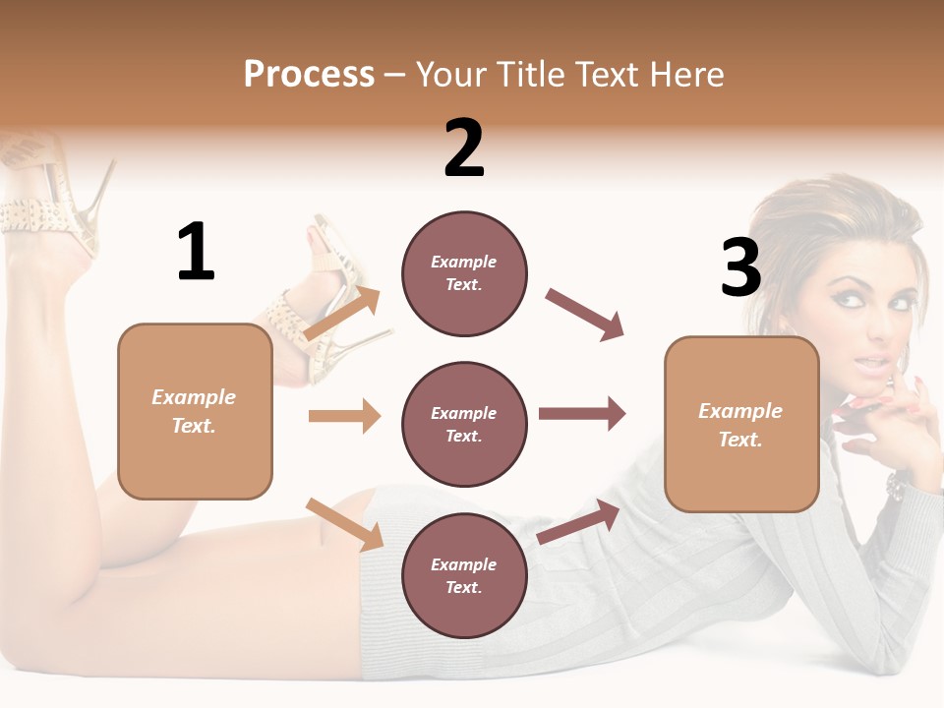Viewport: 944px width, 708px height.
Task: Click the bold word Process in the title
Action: point(309,74)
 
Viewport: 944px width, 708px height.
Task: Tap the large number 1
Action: point(196,252)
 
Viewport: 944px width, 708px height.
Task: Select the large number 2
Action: point(464,148)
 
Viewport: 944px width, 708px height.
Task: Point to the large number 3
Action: point(740,268)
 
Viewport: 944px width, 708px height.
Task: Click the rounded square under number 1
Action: point(195,411)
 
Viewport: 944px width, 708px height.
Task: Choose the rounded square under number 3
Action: point(741,424)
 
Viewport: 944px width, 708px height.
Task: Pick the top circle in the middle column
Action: point(464,273)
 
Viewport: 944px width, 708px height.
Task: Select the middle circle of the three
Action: point(464,424)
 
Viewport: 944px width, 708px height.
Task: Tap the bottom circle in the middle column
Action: point(464,575)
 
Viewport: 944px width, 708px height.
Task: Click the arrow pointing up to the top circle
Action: point(342,314)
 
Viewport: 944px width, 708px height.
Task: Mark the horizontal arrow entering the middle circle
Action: point(344,416)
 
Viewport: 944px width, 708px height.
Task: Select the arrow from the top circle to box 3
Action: point(584,315)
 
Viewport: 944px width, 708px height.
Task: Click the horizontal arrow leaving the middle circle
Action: point(582,414)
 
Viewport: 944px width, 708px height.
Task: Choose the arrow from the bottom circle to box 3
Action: point(578,521)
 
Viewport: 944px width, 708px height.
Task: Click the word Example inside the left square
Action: point(194,397)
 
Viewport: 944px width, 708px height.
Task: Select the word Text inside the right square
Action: point(740,440)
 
